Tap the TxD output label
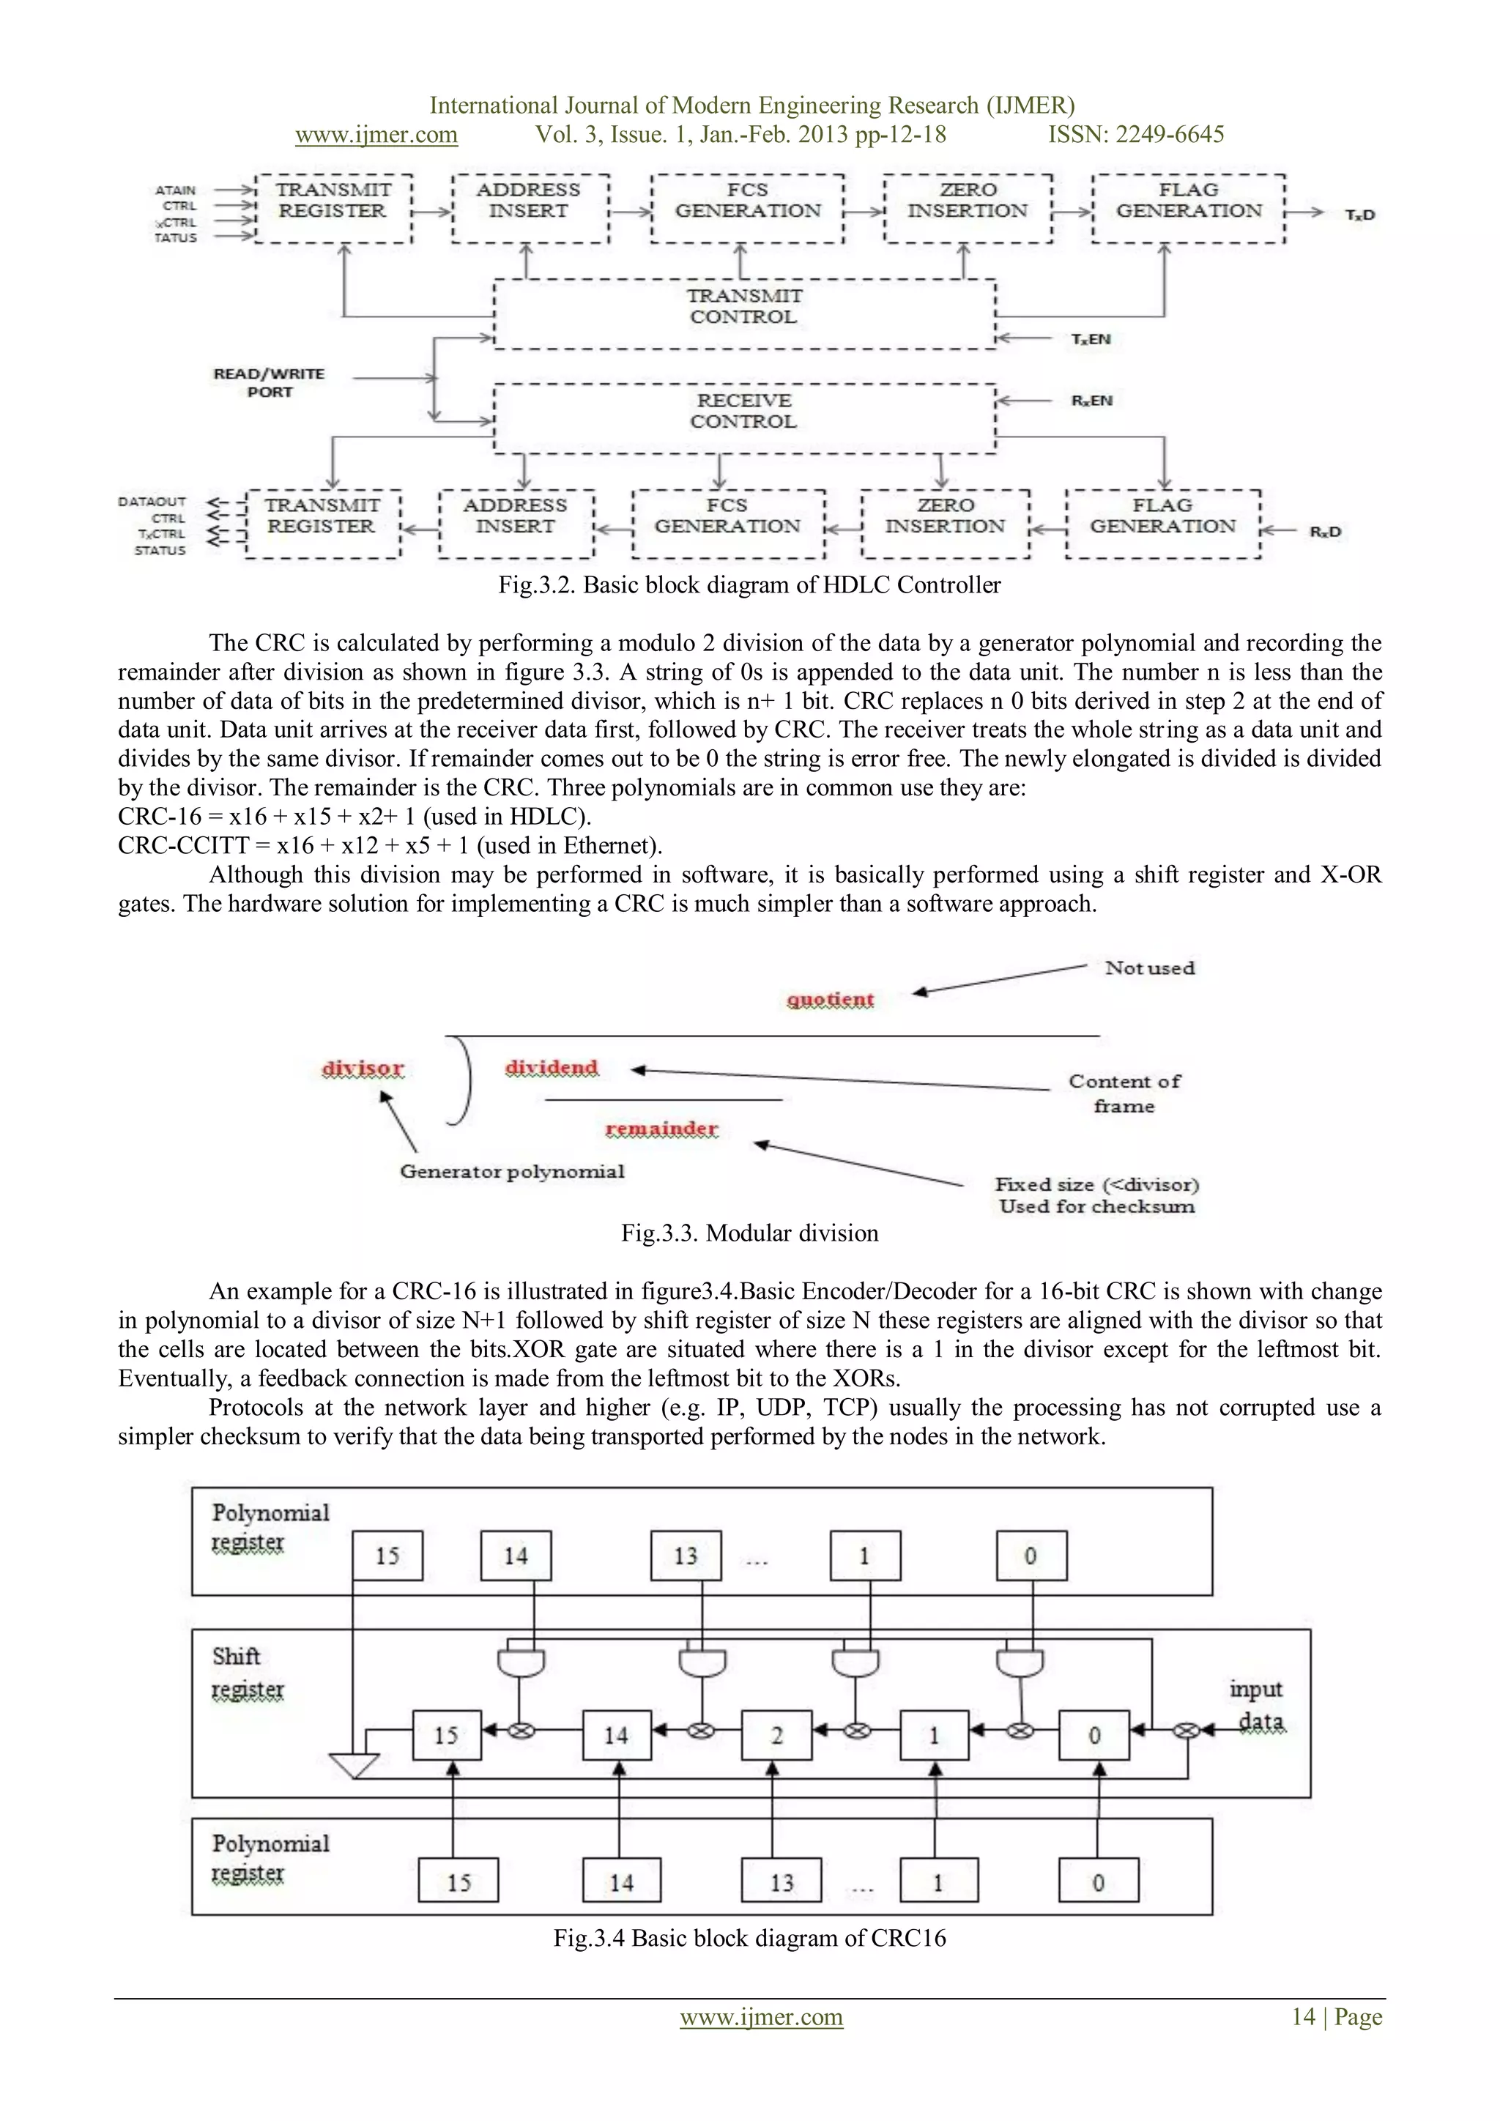coord(1359,215)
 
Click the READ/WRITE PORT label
coord(269,382)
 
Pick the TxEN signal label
coord(1091,339)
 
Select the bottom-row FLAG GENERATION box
coord(1163,524)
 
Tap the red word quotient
coord(829,1000)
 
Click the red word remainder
coord(661,1129)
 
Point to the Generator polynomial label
coord(512,1171)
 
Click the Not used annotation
coord(1150,967)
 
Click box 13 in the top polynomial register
coord(686,1556)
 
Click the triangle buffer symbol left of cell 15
coord(354,1764)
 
